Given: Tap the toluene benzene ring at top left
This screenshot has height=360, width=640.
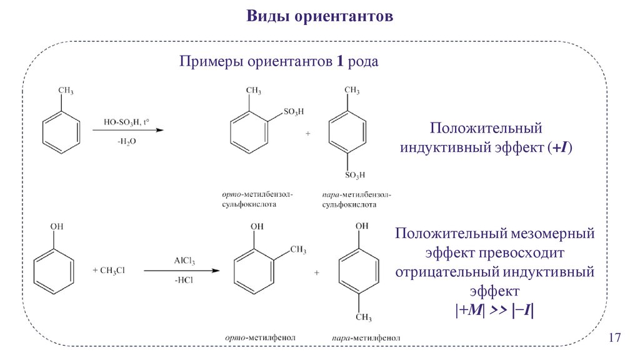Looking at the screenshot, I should [x=61, y=132].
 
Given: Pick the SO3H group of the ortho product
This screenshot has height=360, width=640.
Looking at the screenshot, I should [x=293, y=112].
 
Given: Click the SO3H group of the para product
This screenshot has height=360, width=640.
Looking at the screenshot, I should [x=354, y=174].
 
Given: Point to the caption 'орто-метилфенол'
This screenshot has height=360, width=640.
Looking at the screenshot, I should [x=259, y=337].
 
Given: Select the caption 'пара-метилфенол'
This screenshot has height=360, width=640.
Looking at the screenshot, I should [x=362, y=338].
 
